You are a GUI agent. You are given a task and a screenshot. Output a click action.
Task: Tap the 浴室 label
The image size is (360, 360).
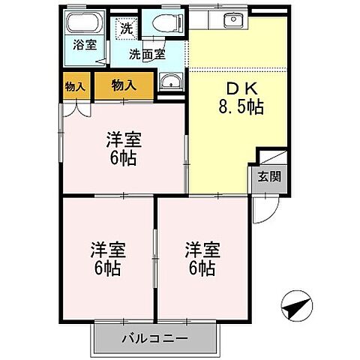click(x=84, y=45)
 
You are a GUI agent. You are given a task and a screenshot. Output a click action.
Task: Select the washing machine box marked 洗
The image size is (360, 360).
click(x=126, y=30)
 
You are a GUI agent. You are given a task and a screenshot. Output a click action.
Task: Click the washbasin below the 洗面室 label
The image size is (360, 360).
click(x=170, y=83)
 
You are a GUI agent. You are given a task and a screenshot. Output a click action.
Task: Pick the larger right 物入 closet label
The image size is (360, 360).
click(x=124, y=85)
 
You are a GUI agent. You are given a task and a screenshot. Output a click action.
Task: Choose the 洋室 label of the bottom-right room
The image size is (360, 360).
click(x=202, y=249)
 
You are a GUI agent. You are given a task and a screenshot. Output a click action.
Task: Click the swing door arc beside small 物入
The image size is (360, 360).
click(x=73, y=110)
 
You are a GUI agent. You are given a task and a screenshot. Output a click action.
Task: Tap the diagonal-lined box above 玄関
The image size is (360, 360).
click(x=271, y=158)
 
